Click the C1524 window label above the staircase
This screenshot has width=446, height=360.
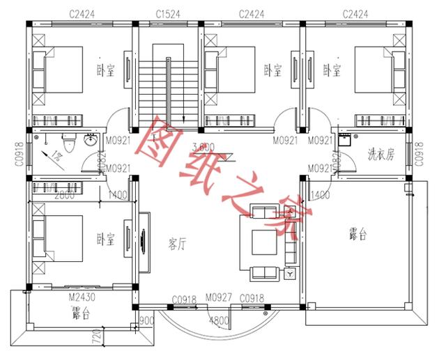168,13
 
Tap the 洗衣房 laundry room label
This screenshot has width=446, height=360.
380,155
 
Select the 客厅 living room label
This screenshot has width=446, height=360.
179,243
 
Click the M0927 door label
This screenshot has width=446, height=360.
220,299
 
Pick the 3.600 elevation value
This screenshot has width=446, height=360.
203,147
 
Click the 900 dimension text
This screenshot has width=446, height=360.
147,321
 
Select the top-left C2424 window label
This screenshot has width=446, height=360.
82,13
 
